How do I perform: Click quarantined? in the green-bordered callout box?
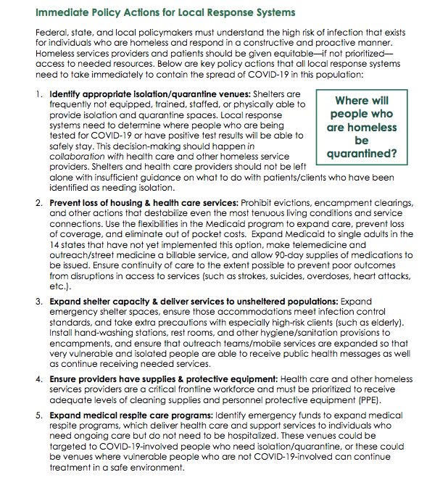pos(362,154)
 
